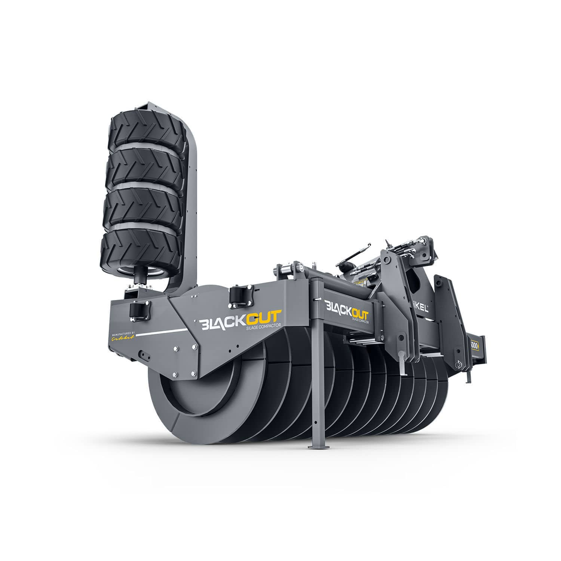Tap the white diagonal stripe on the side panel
point(161,332)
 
